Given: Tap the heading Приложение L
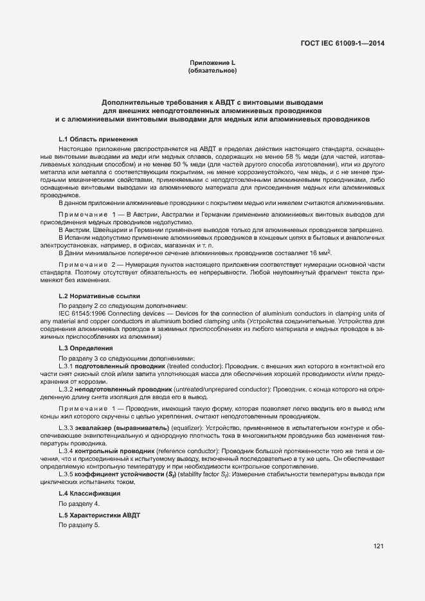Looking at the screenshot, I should click(212, 62).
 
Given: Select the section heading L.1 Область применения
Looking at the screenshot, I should click(98, 139).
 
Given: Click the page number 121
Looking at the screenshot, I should click(378, 546).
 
